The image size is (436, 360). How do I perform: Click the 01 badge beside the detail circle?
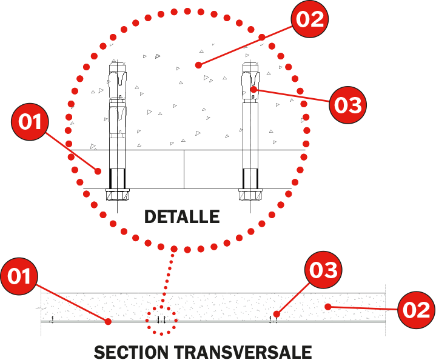(30, 122)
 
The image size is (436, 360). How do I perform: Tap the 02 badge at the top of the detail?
(310, 19)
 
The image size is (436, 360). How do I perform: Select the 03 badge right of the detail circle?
(347, 105)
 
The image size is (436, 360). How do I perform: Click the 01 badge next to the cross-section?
(19, 276)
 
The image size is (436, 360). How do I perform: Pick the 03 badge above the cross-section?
(323, 270)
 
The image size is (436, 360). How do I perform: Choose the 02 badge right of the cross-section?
(416, 310)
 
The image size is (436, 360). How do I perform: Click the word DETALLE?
(182, 217)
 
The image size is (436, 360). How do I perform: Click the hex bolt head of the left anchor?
(118, 195)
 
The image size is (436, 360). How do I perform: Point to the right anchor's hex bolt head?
(250, 195)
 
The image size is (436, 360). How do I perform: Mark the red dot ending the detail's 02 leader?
(198, 65)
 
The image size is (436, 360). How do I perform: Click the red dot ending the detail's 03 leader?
(253, 90)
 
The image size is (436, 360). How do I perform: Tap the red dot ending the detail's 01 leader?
(98, 172)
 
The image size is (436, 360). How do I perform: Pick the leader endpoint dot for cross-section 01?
(108, 322)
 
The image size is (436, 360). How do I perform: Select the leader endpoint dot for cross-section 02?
(328, 307)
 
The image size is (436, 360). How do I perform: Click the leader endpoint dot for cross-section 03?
(277, 314)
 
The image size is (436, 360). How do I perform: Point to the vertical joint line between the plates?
(184, 170)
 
